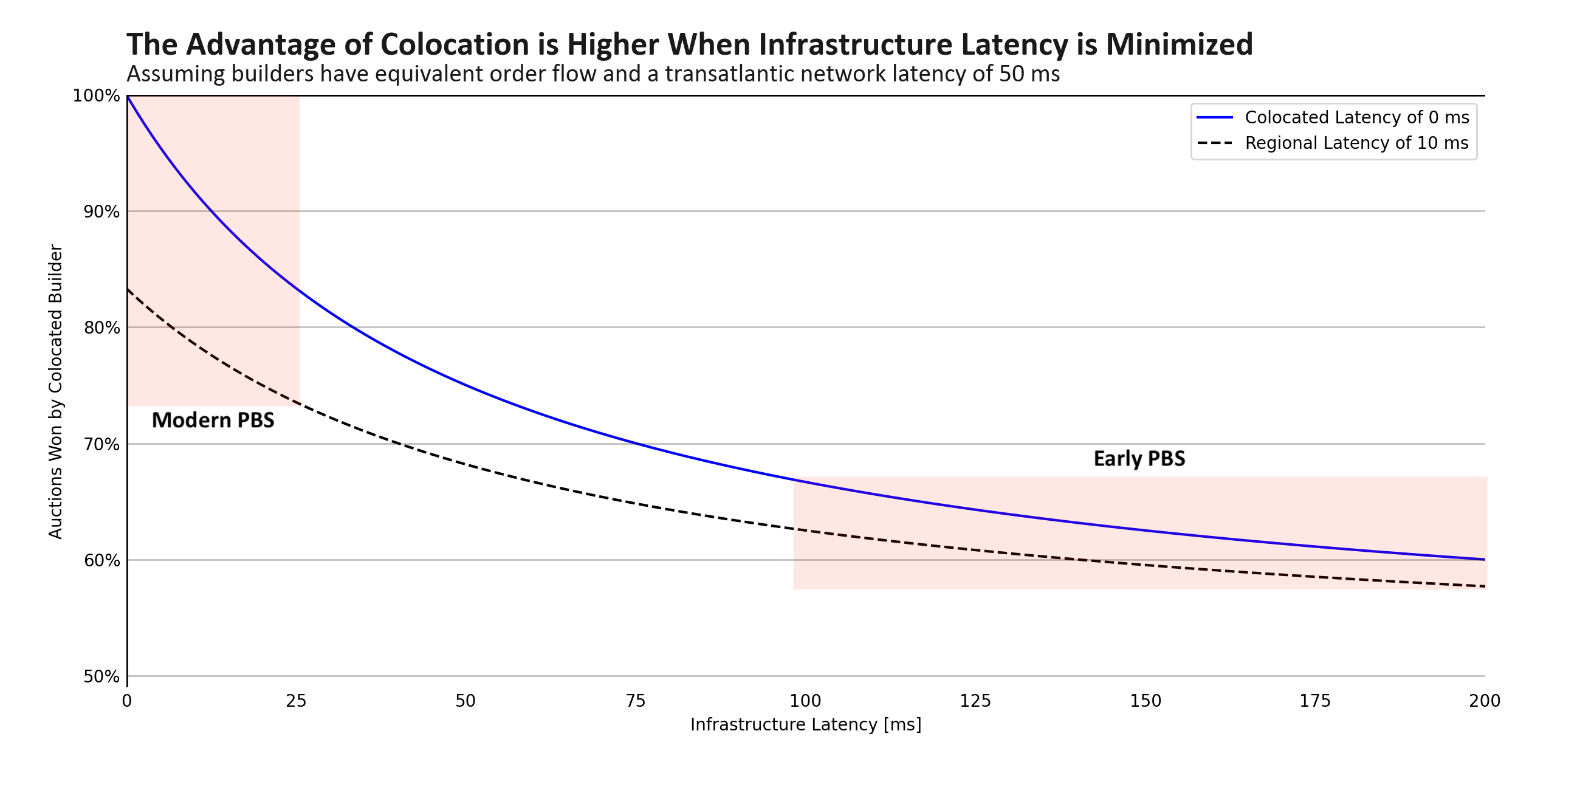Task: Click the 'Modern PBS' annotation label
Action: tap(213, 420)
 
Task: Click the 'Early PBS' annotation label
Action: tap(1139, 459)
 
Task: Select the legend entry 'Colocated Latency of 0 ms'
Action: tap(1357, 117)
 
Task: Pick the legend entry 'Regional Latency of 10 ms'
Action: tap(1356, 143)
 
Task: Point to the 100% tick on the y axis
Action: tap(96, 96)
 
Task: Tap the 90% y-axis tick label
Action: tap(101, 212)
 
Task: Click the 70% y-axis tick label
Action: tap(101, 445)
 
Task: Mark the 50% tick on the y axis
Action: tap(101, 677)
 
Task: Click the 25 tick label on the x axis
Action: tap(297, 701)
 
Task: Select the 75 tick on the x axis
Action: tap(636, 701)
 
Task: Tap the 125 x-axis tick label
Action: tap(975, 701)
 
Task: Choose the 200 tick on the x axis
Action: tap(1485, 701)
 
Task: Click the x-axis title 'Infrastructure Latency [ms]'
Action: tap(805, 725)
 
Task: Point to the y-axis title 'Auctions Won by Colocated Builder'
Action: tap(56, 392)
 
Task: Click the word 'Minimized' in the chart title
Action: tap(1179, 45)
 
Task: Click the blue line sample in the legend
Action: tap(1214, 117)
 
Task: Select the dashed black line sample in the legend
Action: tap(1214, 143)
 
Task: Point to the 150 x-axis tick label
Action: tap(1145, 701)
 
